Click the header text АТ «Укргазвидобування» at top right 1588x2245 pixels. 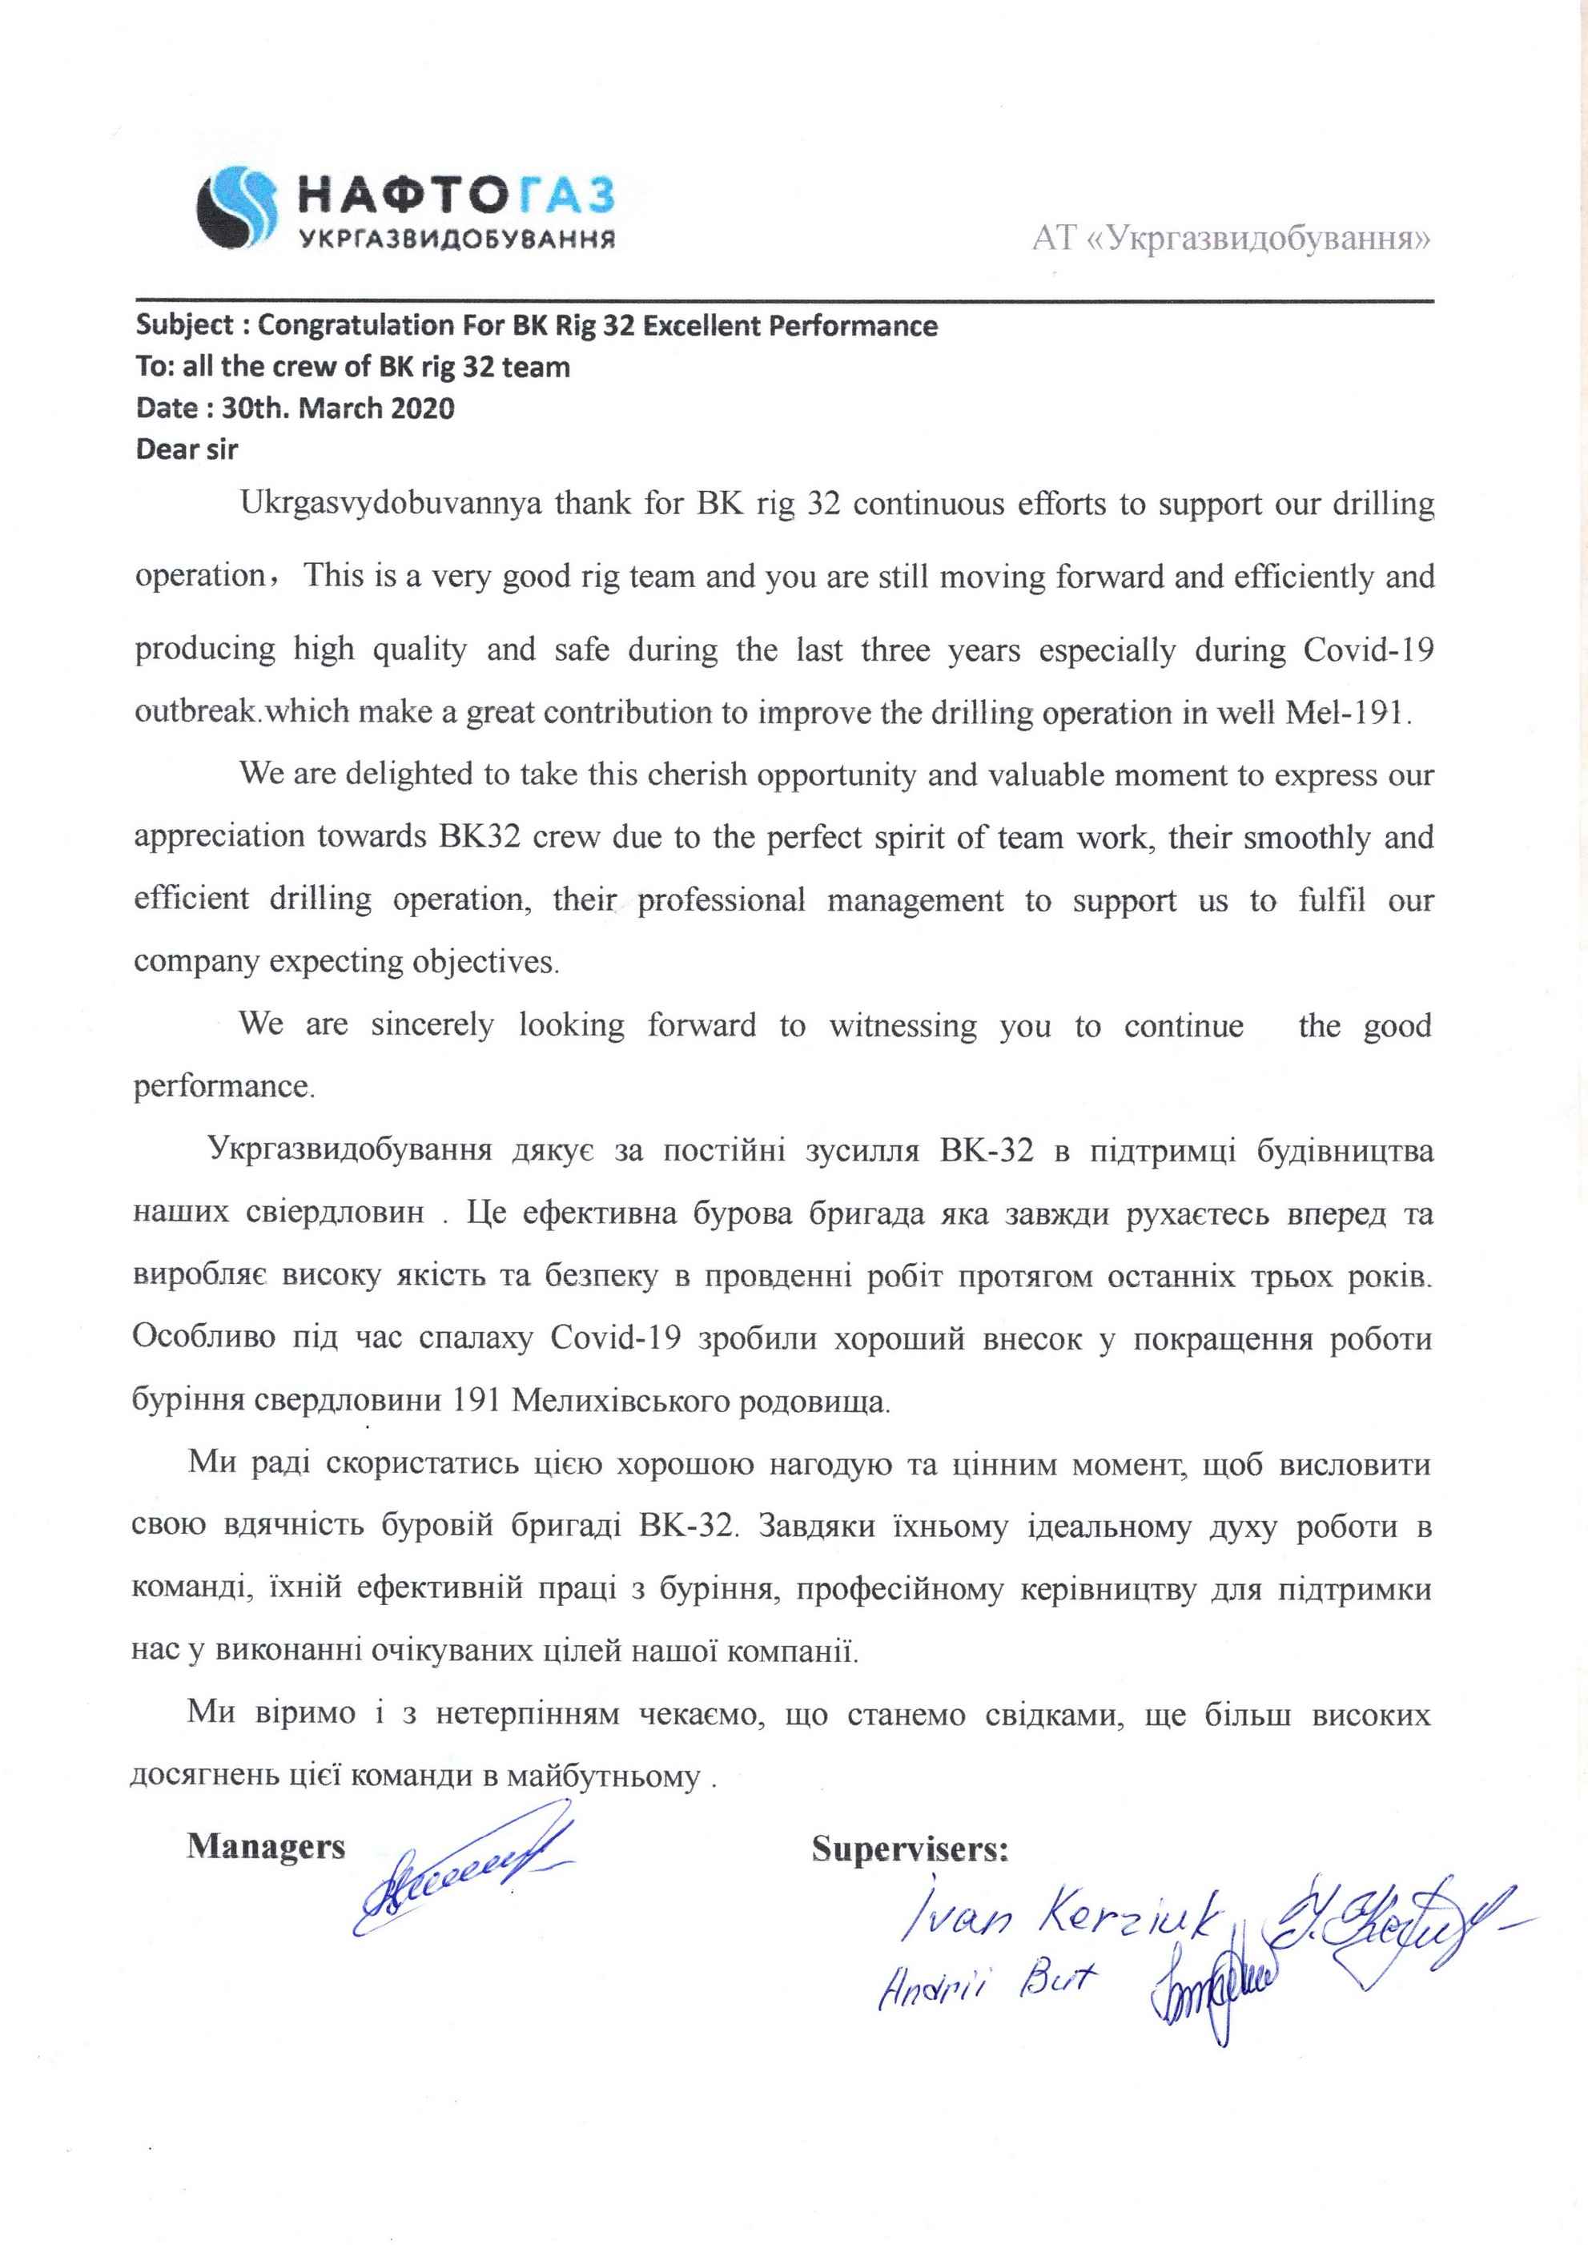click(1230, 239)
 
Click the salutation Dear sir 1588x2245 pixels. click(187, 450)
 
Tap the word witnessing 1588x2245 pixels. click(903, 1026)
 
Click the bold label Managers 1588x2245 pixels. click(266, 1846)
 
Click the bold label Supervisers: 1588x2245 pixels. click(910, 1850)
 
